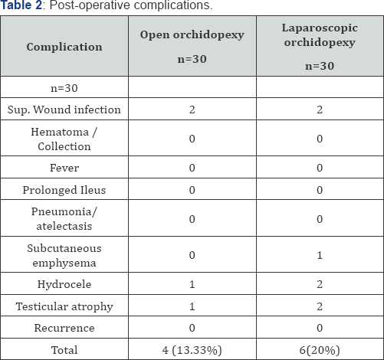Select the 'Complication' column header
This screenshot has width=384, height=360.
point(64,47)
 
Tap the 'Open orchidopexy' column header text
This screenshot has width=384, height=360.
point(192,35)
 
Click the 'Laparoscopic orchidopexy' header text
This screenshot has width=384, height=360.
point(319,37)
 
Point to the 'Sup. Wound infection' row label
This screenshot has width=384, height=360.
point(64,110)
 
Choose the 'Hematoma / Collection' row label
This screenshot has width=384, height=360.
point(64,138)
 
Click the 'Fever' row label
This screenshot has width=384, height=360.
point(64,168)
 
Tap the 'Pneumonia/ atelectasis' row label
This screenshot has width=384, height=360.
point(64,218)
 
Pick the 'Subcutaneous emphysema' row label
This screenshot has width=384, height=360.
point(64,255)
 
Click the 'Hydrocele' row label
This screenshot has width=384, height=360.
point(64,285)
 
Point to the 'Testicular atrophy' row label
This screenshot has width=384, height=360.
point(64,306)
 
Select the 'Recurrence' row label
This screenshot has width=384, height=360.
point(64,328)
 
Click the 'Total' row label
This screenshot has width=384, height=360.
point(64,349)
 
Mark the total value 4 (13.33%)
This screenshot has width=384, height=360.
point(192,349)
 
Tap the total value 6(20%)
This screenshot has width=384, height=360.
point(319,349)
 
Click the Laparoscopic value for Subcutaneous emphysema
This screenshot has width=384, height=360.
point(319,255)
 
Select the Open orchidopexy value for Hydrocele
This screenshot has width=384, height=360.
point(192,285)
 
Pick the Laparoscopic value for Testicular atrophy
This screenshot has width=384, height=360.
point(319,306)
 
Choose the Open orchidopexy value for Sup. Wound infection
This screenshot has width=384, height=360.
point(192,110)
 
